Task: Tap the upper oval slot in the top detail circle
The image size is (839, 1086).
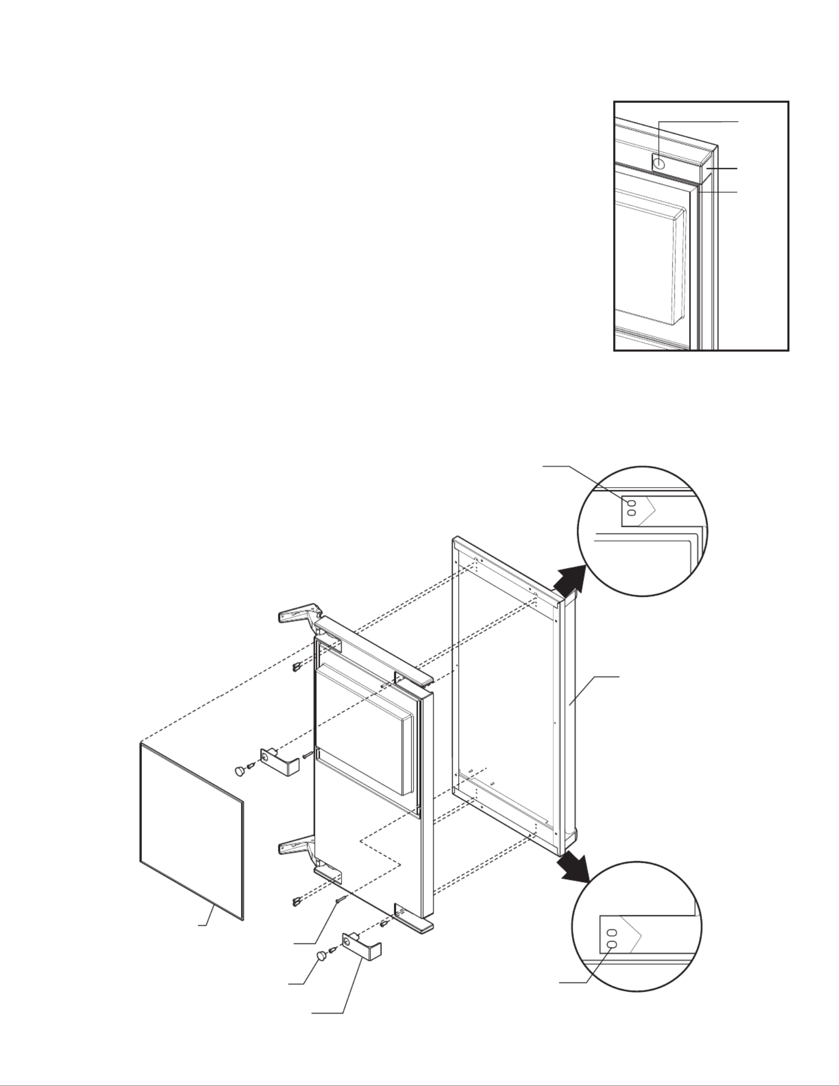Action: click(x=631, y=504)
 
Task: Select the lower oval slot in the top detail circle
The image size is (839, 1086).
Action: click(x=631, y=513)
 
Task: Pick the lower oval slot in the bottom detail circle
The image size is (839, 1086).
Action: click(x=612, y=945)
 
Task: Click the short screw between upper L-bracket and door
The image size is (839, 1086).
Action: click(x=306, y=755)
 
